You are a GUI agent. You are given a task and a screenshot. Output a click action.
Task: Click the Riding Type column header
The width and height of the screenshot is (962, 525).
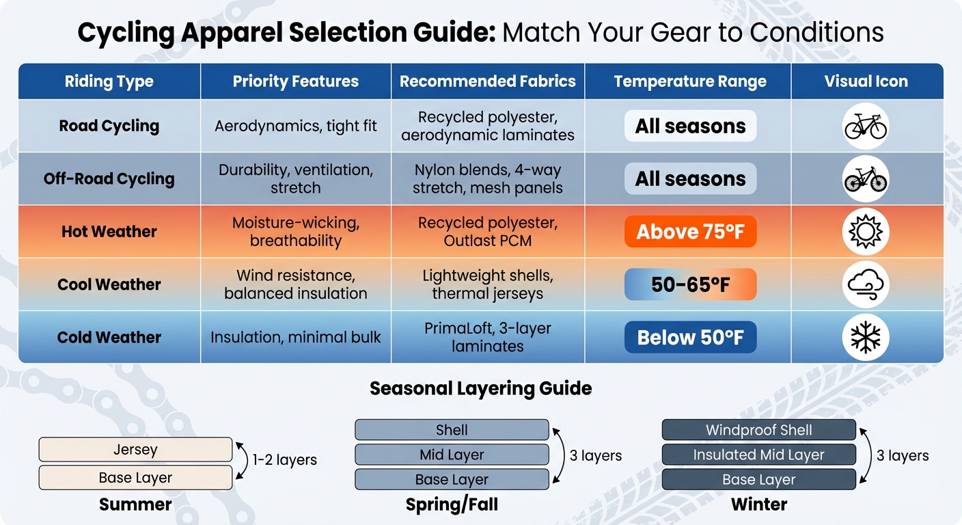coord(109,81)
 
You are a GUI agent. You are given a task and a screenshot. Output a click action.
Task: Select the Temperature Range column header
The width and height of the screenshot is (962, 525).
coord(690,81)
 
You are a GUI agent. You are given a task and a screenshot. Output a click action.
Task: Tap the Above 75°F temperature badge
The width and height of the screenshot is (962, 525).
coord(690,232)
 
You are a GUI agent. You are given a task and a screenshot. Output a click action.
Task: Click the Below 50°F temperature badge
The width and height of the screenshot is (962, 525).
coord(690,337)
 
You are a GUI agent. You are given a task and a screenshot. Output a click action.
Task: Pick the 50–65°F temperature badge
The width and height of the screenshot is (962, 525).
coord(690,284)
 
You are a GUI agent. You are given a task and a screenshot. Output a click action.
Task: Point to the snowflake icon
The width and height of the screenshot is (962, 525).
coord(866,337)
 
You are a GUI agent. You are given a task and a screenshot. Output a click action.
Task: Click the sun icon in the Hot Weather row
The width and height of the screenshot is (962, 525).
coord(866,232)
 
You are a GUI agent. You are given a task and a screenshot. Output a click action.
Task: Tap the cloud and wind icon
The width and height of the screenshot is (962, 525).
coord(866,284)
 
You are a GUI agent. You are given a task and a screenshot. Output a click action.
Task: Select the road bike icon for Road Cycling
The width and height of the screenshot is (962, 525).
coord(866,126)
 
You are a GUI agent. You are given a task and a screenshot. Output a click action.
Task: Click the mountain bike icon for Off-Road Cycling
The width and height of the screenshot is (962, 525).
coord(866,179)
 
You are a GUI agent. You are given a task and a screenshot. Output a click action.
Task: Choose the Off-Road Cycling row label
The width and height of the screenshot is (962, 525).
coord(109,179)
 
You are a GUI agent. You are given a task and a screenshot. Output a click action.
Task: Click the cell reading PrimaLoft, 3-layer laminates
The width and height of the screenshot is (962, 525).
coord(488,337)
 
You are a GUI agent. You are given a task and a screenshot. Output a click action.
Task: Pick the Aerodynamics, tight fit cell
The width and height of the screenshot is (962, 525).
coord(296,126)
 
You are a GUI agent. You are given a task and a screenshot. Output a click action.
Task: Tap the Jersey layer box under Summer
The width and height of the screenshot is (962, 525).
coord(135,450)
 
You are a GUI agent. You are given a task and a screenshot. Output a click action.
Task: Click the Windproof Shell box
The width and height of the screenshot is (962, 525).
coord(758,430)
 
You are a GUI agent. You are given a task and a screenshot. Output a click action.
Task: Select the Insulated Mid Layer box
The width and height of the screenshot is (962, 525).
coord(758,455)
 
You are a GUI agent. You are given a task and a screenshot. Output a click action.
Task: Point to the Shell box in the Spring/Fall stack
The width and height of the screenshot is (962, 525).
coord(452,430)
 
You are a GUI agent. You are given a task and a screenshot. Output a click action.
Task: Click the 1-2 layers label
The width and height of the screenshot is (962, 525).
coord(285,460)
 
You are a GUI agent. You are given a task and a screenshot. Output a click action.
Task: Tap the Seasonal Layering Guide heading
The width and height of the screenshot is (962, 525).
coord(480,388)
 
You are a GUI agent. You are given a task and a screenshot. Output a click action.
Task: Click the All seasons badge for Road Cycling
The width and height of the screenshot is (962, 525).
coord(690,126)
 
